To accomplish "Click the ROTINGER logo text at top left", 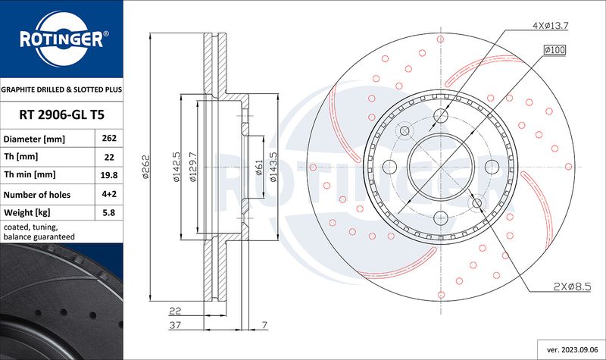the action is (x=62, y=39).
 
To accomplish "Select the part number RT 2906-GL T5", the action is (x=62, y=115).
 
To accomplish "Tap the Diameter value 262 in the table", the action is (x=109, y=138).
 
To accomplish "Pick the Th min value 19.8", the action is (x=109, y=175).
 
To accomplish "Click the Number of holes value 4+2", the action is (x=109, y=194).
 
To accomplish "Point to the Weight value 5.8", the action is (x=109, y=212).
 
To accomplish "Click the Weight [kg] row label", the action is (x=27, y=212).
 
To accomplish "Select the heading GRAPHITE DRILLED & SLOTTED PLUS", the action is (x=61, y=89).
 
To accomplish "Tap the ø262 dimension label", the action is (x=145, y=167).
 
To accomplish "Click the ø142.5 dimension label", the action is (x=176, y=167).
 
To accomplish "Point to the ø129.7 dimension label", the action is (x=193, y=167).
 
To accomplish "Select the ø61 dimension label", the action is (x=259, y=167).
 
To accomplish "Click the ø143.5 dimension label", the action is (x=273, y=167).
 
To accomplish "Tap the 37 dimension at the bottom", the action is (x=175, y=325).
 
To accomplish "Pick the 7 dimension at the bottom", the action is (x=264, y=325).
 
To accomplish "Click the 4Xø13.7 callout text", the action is (x=551, y=26).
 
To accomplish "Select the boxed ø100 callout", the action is (x=554, y=49).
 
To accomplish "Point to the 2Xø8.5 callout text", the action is (x=573, y=286).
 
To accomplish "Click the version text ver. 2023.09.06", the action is (x=573, y=349).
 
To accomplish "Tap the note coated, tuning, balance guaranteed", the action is (x=39, y=232).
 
